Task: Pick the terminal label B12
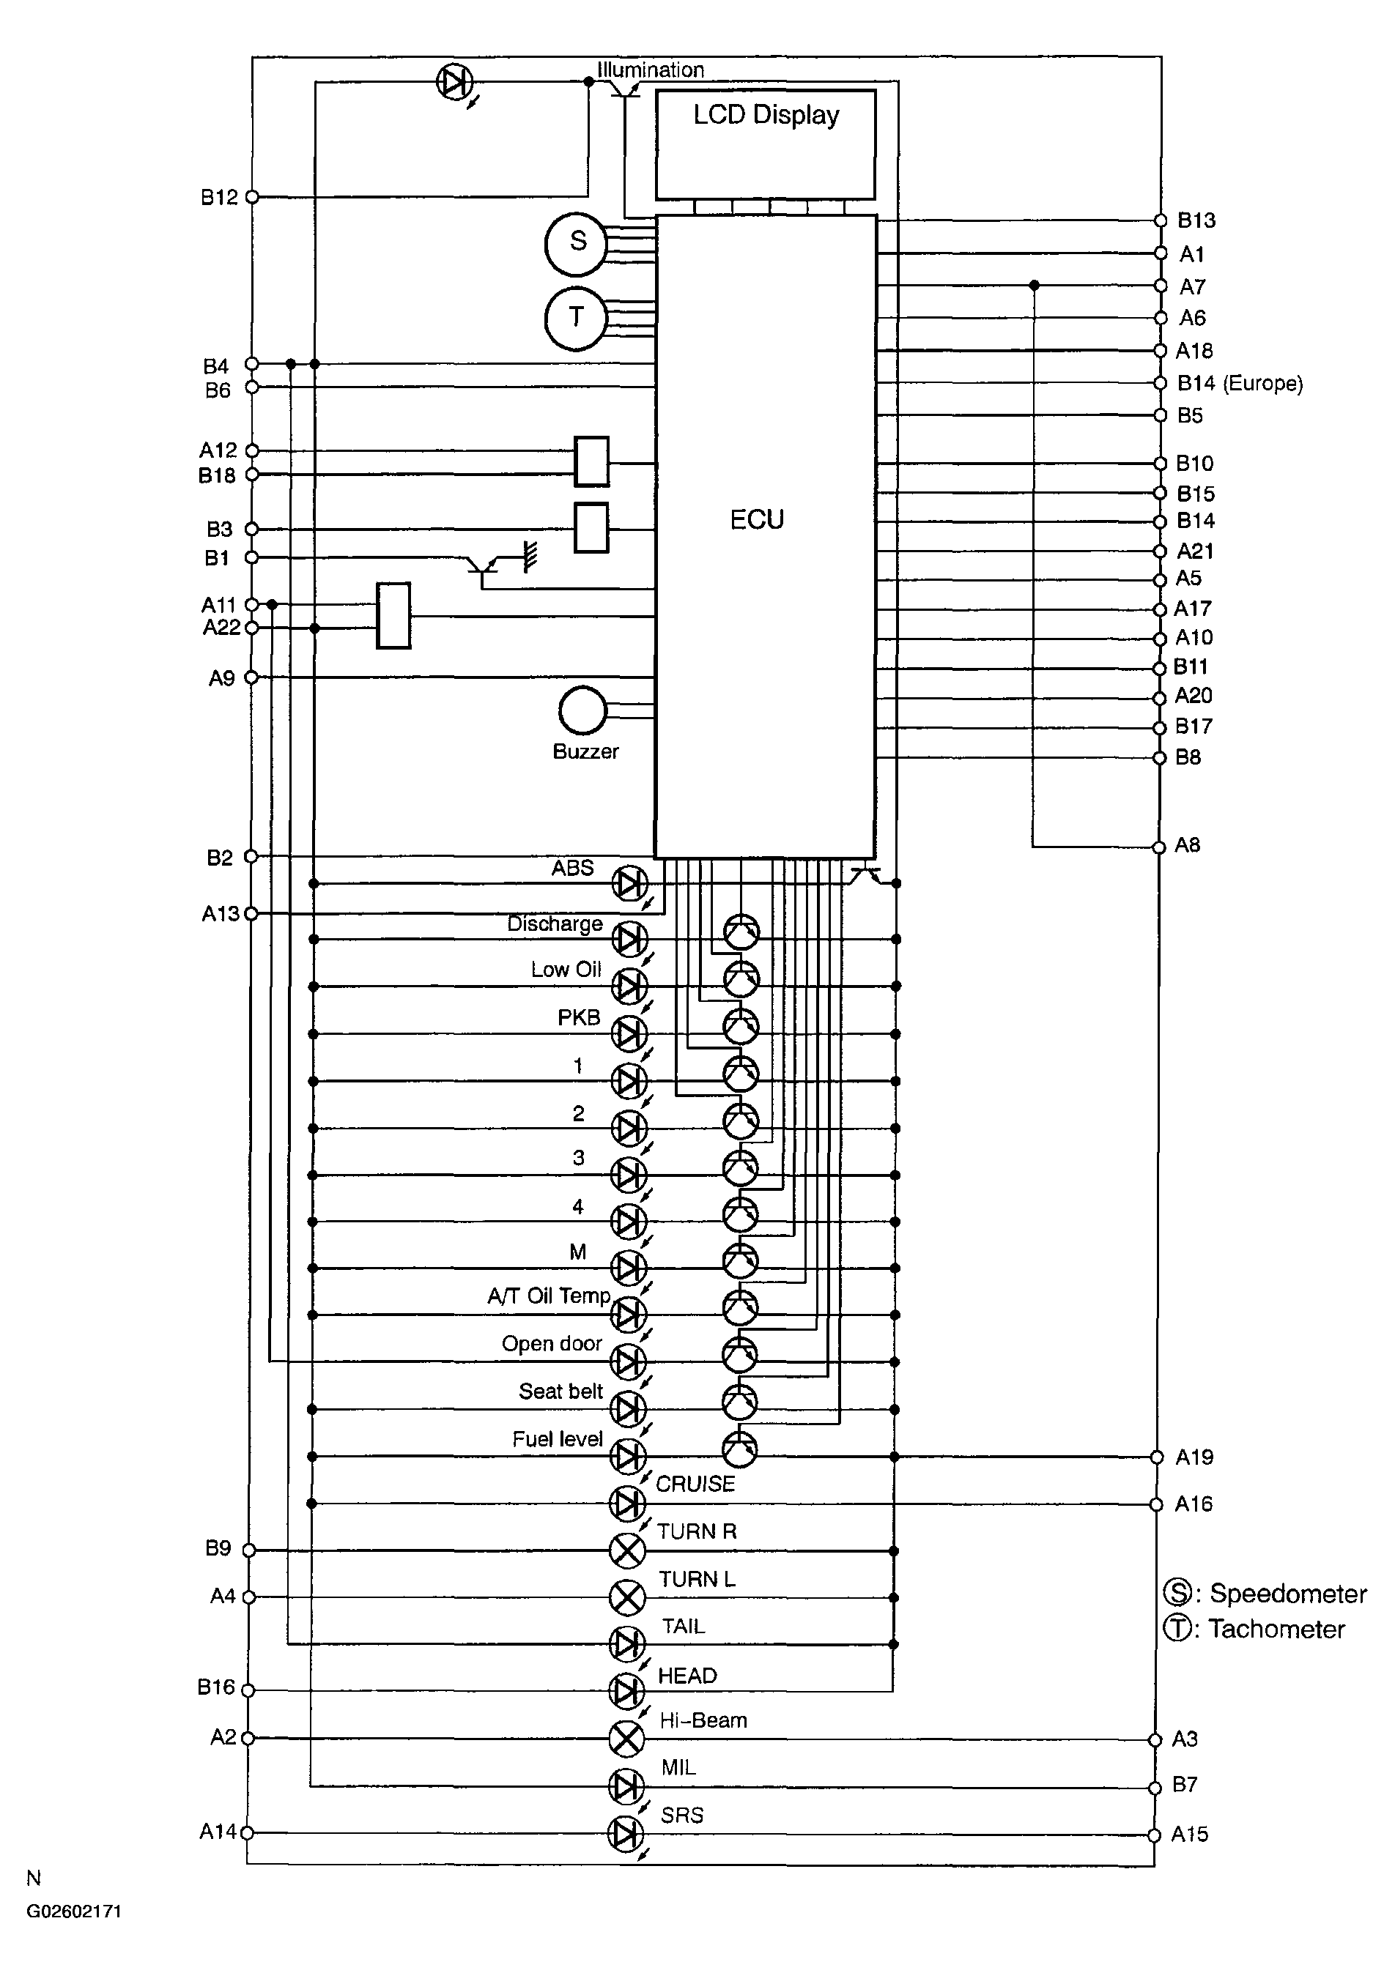click(219, 198)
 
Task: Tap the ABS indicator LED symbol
click(629, 883)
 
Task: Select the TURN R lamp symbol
click(627, 1550)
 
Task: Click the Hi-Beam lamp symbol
click(626, 1739)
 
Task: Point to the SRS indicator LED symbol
click(626, 1834)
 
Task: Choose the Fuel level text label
click(558, 1439)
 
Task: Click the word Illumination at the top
click(651, 70)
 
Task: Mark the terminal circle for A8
click(1158, 847)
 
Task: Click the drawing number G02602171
click(74, 1912)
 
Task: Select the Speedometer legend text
click(1287, 1594)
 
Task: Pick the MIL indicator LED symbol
click(626, 1786)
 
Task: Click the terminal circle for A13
click(251, 913)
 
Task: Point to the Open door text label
click(552, 1344)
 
